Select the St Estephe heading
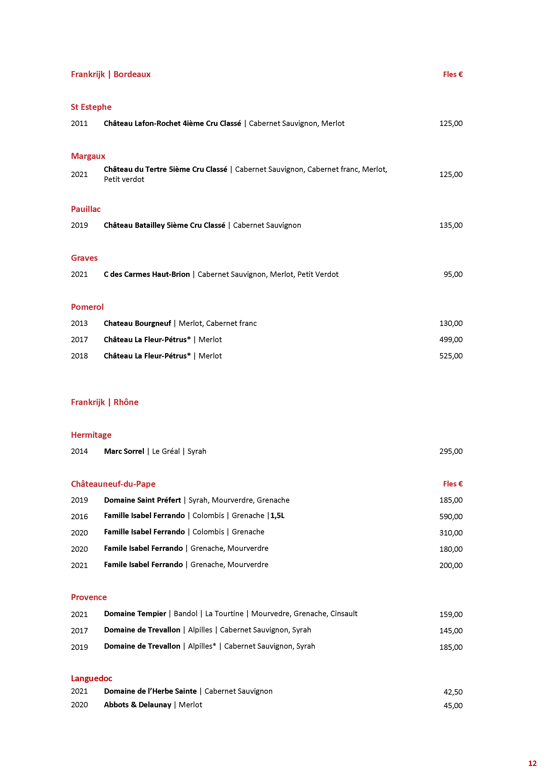[91, 107]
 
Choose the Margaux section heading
[88, 156]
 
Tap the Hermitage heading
[91, 435]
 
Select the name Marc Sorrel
[124, 451]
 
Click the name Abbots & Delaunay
[137, 705]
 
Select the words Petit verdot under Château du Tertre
[124, 179]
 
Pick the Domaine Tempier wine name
[135, 613]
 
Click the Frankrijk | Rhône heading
[105, 402]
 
